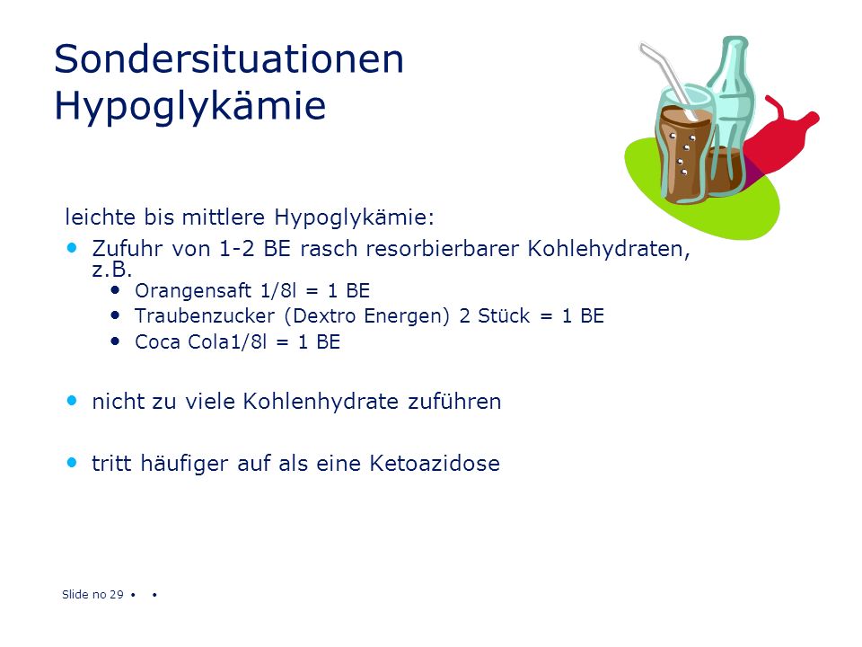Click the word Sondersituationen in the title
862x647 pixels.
[x=229, y=59]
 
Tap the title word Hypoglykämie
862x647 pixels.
[x=190, y=106]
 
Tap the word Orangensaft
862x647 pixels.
[x=193, y=290]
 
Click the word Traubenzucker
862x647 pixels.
[x=205, y=315]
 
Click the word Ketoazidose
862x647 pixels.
[x=435, y=464]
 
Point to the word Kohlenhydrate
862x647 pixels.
[x=321, y=402]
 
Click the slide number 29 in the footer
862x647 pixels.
[x=117, y=594]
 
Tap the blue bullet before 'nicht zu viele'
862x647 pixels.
[x=72, y=401]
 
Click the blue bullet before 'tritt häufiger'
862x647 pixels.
[x=72, y=462]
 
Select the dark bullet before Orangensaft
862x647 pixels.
[x=115, y=289]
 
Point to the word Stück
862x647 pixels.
[x=504, y=315]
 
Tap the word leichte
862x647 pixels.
[x=101, y=217]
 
